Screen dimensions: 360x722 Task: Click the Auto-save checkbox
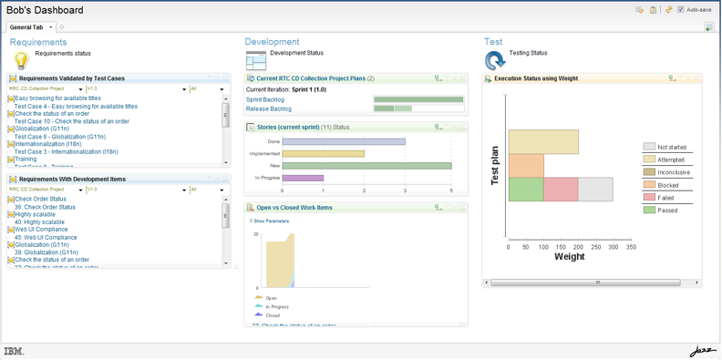coord(681,10)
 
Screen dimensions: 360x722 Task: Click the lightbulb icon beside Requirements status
coord(20,60)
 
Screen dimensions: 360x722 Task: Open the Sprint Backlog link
coord(265,99)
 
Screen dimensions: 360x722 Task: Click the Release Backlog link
coord(269,108)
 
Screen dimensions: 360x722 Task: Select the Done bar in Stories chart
coord(344,142)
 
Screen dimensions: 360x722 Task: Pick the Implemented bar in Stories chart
coord(323,154)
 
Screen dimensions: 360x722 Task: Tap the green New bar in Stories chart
coord(366,166)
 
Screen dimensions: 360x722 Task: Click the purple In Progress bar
coord(303,178)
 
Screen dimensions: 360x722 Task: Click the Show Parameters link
coord(271,221)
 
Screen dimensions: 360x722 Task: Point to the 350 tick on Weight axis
coord(631,247)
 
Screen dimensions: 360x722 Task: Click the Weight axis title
coord(570,257)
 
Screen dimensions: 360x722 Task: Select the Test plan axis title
coord(495,165)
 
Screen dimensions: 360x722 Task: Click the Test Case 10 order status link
coord(71,121)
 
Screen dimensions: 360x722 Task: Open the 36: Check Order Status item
coord(45,207)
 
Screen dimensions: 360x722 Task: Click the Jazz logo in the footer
coord(702,351)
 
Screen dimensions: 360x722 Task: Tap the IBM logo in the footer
coord(14,351)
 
